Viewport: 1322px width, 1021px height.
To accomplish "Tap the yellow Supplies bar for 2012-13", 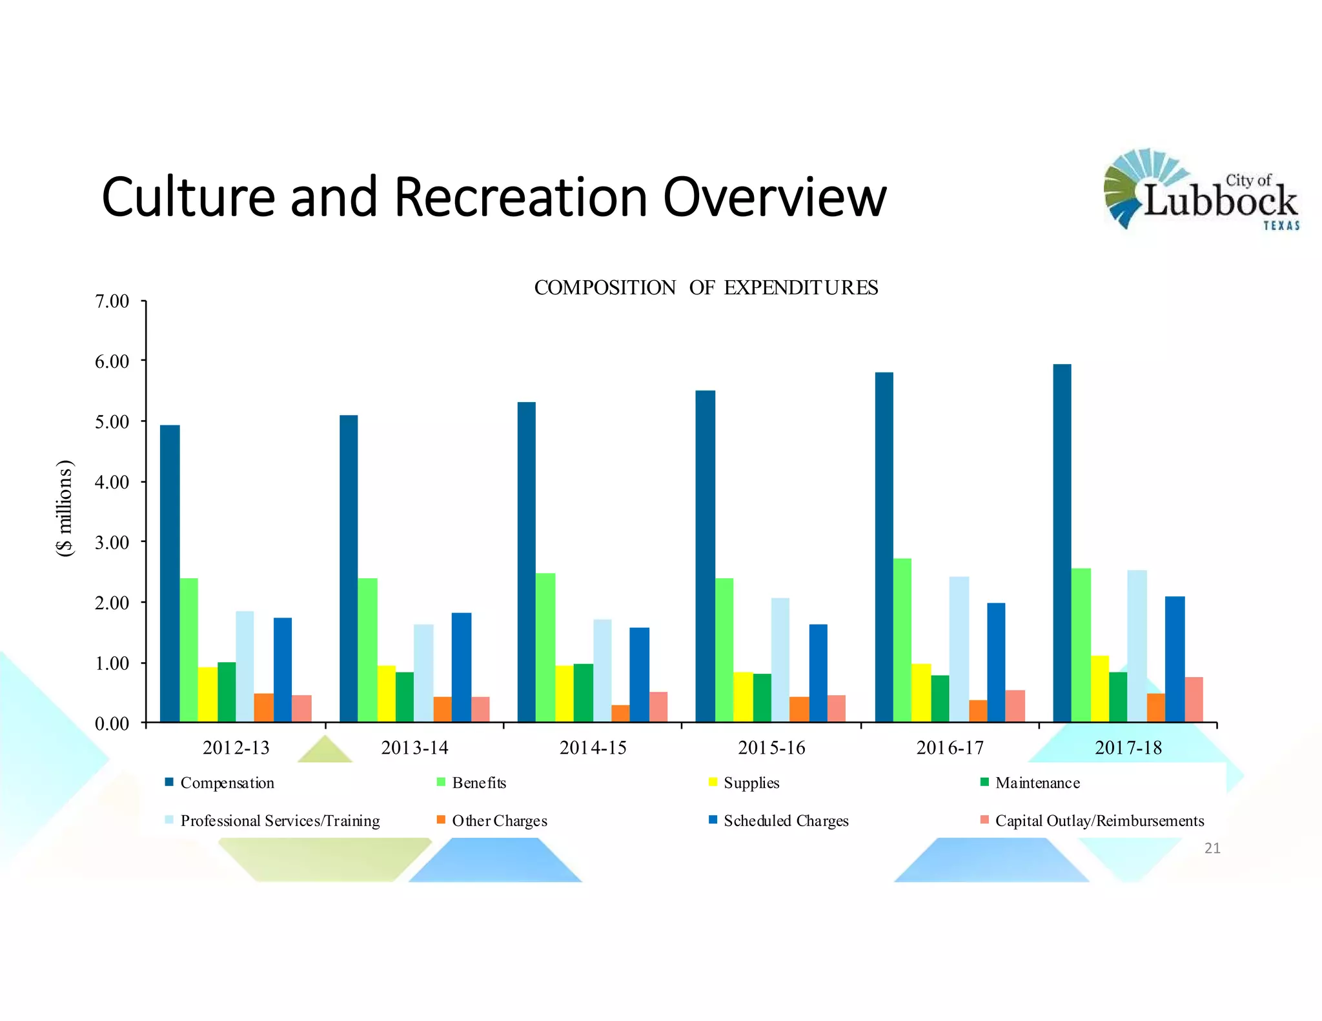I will point(207,694).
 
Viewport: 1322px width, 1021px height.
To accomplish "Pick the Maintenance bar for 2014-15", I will point(583,692).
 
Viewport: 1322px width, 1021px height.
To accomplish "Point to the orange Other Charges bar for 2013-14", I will point(442,709).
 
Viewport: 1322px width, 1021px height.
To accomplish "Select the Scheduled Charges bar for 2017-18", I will point(1175,659).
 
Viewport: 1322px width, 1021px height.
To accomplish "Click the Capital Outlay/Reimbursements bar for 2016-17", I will point(1015,706).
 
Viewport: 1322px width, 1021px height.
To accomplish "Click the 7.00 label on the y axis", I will point(112,301).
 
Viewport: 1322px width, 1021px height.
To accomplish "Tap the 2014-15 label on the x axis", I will point(593,748).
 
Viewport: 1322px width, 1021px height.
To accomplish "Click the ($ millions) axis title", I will point(65,508).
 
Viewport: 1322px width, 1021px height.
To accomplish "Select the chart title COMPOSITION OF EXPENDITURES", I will point(706,288).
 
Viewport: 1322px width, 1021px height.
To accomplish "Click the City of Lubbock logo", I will point(1200,190).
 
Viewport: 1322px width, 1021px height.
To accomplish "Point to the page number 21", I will point(1212,848).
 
